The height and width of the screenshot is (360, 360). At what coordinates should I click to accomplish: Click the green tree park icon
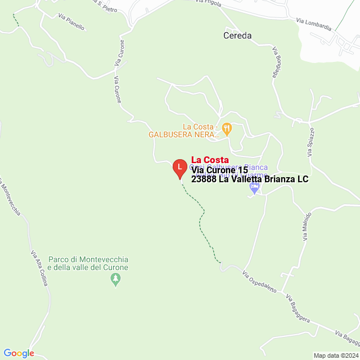click(116, 278)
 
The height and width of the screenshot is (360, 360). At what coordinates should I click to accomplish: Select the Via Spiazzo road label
click(309, 141)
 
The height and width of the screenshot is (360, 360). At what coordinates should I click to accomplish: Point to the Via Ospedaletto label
click(259, 283)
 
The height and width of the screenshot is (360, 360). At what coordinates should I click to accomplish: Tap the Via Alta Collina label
click(39, 268)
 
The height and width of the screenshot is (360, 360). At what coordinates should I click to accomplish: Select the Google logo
click(19, 353)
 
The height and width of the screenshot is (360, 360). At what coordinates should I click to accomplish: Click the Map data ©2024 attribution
click(335, 355)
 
